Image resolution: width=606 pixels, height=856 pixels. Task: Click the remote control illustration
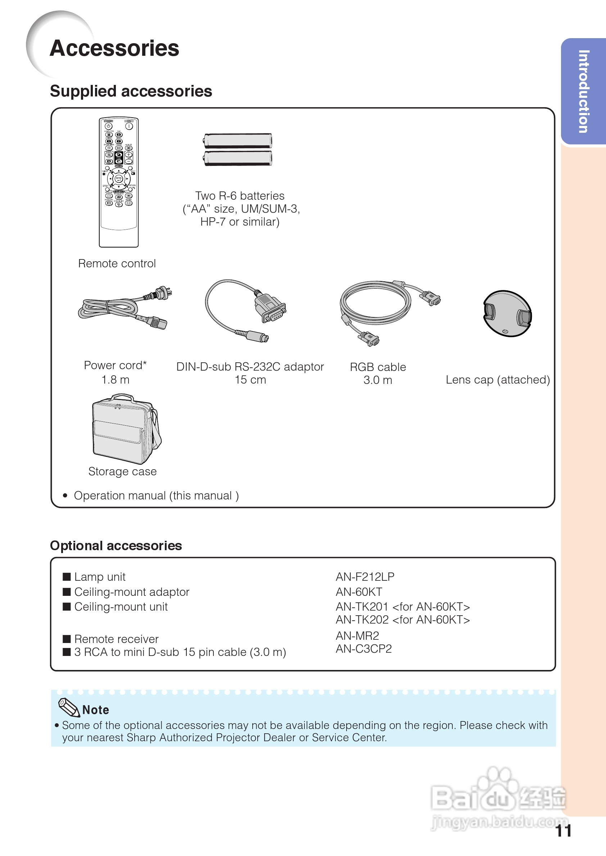(119, 182)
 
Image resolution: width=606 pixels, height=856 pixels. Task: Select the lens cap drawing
(507, 314)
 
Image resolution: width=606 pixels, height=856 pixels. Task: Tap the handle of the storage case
(122, 397)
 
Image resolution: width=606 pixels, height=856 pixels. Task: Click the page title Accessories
(114, 49)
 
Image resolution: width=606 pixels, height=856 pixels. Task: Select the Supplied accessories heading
(131, 91)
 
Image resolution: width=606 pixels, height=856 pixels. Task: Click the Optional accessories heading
(116, 545)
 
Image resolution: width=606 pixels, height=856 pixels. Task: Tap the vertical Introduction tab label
(583, 91)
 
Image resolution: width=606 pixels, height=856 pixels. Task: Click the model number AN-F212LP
(365, 577)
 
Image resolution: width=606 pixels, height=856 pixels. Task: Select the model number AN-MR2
(357, 635)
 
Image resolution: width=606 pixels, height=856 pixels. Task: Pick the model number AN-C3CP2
(363, 649)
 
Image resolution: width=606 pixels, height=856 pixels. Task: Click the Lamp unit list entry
(100, 577)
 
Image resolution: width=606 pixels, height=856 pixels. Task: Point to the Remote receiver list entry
(116, 639)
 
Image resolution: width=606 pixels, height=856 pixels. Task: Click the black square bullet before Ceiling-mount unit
(67, 607)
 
